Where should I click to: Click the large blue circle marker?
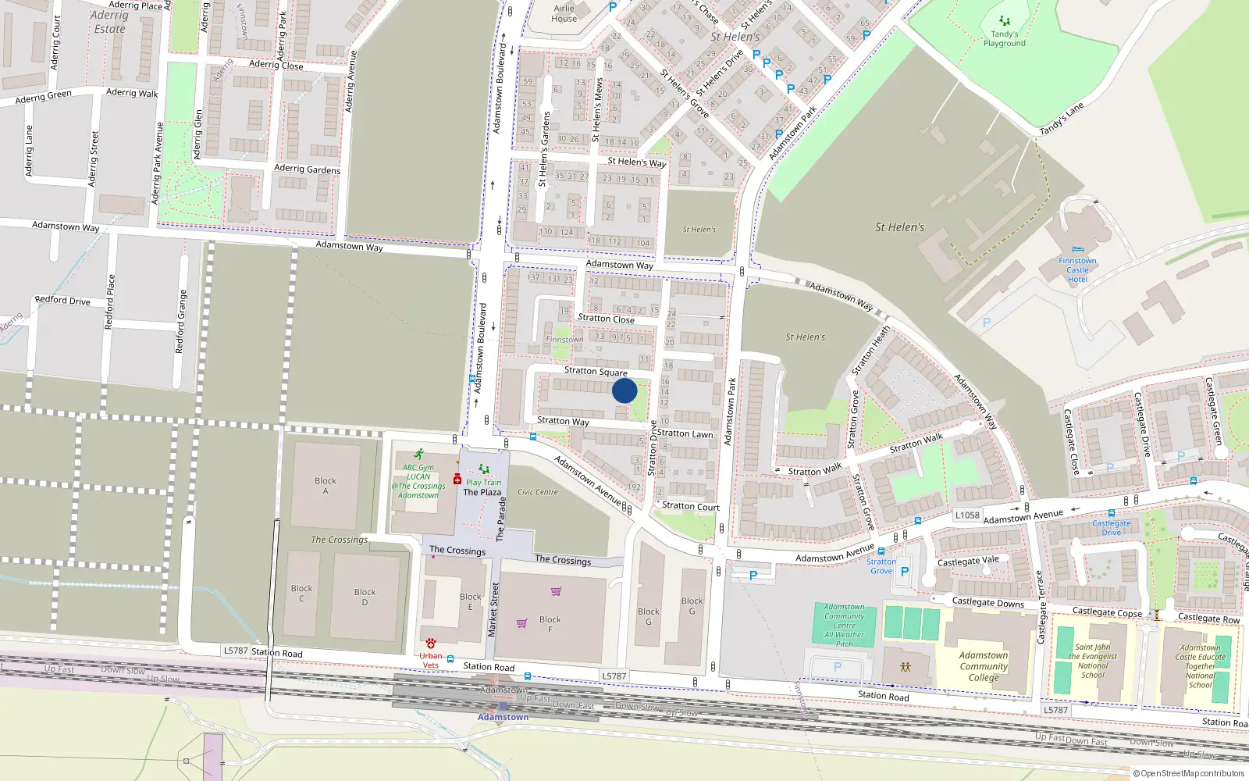click(x=624, y=390)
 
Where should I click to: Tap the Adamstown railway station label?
click(x=503, y=717)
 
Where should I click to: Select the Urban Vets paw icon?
click(x=430, y=644)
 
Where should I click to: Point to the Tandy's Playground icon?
click(x=1005, y=21)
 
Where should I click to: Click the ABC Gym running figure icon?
click(x=419, y=454)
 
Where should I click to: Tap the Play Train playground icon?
click(x=484, y=469)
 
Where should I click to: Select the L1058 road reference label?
click(x=967, y=515)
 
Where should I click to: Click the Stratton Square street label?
click(x=596, y=372)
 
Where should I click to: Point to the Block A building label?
click(x=326, y=485)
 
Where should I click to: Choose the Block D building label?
click(x=365, y=597)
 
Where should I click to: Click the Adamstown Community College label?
click(x=984, y=666)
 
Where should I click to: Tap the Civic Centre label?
click(x=538, y=492)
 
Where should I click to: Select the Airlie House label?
click(x=564, y=13)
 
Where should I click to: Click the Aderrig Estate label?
click(x=109, y=22)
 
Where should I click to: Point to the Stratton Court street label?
click(x=691, y=506)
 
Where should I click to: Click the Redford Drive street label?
click(x=62, y=300)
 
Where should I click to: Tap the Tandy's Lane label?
click(x=1062, y=119)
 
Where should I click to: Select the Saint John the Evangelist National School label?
click(x=1092, y=661)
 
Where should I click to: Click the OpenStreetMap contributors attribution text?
click(x=1189, y=774)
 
